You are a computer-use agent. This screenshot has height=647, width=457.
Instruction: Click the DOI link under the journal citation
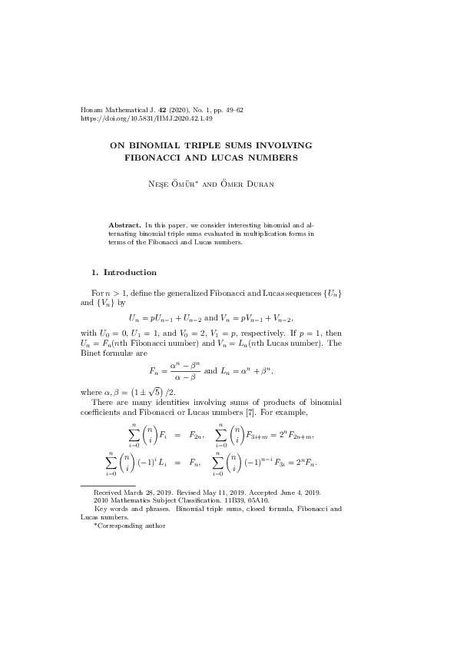click(x=147, y=119)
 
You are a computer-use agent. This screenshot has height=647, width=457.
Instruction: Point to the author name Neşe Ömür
click(x=190, y=186)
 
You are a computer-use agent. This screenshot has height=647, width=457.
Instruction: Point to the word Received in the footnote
click(x=108, y=491)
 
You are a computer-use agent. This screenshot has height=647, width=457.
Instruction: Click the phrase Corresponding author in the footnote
click(x=132, y=526)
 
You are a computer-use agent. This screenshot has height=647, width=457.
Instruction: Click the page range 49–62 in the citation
click(x=230, y=111)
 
